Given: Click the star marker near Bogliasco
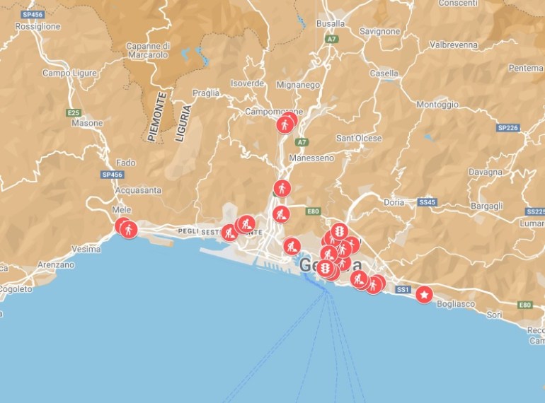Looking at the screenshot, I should click(424, 295).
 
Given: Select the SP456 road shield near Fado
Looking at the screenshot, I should click(113, 175).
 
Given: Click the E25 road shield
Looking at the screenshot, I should click(73, 112).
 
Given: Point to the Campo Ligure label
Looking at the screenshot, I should click(69, 73).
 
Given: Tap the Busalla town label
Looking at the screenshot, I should click(331, 23).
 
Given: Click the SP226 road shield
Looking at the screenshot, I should click(508, 128).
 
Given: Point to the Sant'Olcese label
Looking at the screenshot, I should click(359, 138).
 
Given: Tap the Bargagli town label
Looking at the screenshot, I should click(487, 206).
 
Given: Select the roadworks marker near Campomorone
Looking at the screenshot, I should click(285, 124).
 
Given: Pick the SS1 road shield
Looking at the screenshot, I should click(403, 290).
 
